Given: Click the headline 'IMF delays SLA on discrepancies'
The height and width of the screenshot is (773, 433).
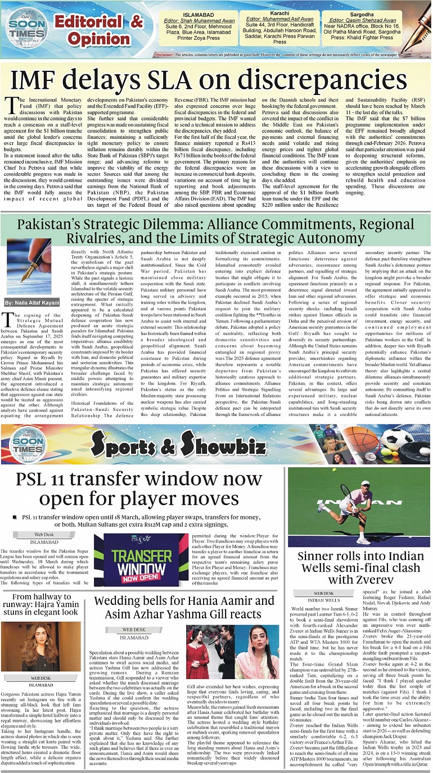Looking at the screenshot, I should pos(216,78).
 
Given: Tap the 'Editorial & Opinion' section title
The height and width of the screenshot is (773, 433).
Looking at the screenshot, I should pos(107,30).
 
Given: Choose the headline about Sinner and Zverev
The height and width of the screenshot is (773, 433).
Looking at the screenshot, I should pos(358,569).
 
